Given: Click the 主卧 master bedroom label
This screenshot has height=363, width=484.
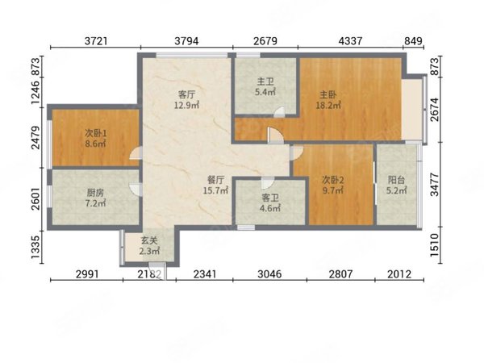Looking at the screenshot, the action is click(328, 94).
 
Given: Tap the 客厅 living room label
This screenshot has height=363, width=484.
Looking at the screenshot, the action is click(186, 94).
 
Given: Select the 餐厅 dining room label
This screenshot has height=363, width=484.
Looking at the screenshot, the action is click(215, 180).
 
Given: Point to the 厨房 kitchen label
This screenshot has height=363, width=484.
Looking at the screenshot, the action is click(95, 193).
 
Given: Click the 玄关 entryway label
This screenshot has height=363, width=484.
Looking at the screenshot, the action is click(149, 240).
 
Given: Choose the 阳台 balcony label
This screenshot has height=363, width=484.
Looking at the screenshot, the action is click(396, 180).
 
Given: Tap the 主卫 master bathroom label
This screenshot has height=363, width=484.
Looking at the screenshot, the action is click(265, 81).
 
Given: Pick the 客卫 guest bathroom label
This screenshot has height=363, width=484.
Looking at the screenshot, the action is click(270, 198).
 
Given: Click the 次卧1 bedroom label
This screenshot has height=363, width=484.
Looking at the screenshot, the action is click(96, 133).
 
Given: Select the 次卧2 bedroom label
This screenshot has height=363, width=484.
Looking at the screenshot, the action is click(332, 180).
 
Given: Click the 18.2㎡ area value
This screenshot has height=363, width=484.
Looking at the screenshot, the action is click(328, 105).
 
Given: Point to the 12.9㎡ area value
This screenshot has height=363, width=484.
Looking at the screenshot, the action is click(187, 105).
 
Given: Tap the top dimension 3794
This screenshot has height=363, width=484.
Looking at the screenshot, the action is click(186, 41).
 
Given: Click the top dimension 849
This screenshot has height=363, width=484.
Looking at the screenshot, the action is click(413, 41).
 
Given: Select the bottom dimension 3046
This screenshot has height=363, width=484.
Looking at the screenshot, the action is click(269, 273).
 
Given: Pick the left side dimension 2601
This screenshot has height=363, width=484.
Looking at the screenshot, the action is click(35, 198).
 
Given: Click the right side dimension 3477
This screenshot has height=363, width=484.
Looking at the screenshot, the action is click(434, 184).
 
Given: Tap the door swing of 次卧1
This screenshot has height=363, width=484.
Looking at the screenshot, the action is click(136, 154).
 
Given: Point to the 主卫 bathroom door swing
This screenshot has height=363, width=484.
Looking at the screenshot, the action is click(280, 112).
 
